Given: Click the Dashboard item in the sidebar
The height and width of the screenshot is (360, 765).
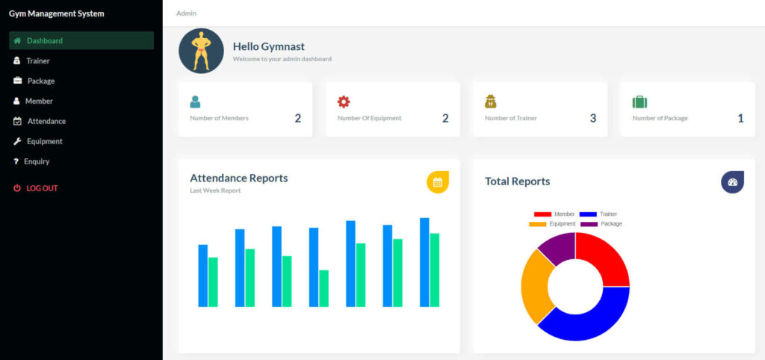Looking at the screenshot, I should (44, 40).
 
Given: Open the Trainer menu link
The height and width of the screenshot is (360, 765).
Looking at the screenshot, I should (37, 60).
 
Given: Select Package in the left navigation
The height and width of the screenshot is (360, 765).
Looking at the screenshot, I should (40, 81).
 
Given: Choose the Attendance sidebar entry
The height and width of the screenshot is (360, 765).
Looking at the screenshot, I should (46, 121).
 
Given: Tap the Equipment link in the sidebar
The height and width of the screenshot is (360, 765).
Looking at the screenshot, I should (44, 141).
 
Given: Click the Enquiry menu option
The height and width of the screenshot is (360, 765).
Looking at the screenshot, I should (36, 161).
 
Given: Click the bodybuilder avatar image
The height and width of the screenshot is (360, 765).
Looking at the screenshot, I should (201, 51).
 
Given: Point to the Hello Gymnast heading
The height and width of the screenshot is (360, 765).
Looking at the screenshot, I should (268, 46).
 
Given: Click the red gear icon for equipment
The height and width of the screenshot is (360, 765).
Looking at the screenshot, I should (344, 102).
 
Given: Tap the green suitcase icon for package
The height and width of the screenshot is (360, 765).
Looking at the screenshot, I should (639, 102).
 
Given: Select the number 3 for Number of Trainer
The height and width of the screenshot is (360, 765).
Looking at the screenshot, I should (593, 118).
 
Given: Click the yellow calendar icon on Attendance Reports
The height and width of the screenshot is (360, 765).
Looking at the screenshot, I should (438, 181).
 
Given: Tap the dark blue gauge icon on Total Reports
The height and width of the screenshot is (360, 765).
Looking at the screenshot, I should (732, 182).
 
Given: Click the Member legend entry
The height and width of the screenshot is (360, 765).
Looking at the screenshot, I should (554, 214).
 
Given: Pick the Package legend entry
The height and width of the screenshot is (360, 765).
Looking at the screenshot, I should (601, 224).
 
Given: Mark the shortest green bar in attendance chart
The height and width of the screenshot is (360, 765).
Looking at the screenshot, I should (323, 288).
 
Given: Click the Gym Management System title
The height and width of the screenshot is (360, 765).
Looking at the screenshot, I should (57, 13).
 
